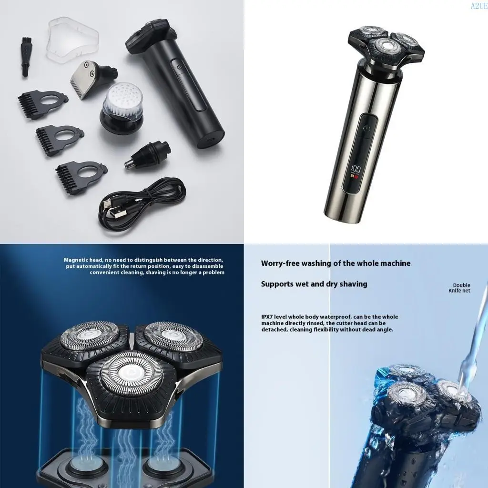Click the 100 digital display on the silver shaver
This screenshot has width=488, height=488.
[x=356, y=169]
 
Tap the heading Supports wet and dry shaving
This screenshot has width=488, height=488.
[x=314, y=284]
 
